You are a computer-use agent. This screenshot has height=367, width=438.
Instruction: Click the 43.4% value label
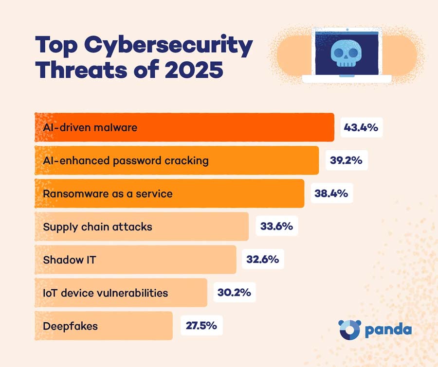tap(361, 127)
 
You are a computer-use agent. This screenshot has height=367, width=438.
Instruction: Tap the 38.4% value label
tap(330, 193)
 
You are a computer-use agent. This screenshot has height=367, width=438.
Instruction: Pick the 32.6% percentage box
tap(262, 259)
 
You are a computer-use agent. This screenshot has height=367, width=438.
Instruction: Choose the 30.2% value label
tap(234, 293)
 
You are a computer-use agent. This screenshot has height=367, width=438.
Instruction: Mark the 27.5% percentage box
tap(201, 325)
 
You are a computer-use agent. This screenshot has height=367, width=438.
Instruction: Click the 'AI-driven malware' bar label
tap(90, 127)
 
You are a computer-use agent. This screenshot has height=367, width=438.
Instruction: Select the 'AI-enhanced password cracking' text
tap(126, 160)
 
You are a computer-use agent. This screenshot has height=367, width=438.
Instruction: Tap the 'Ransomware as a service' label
tap(108, 193)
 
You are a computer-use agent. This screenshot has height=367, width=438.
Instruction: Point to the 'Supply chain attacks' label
tap(97, 226)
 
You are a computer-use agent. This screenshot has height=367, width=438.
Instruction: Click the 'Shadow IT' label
tap(70, 259)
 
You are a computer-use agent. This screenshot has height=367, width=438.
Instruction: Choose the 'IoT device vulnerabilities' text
tap(106, 293)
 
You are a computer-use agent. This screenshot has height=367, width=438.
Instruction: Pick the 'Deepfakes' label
tap(70, 325)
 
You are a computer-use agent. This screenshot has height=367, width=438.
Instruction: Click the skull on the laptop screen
tap(347, 52)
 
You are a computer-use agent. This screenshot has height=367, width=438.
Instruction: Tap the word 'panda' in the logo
tap(388, 330)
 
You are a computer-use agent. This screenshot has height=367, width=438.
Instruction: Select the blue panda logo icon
tap(349, 330)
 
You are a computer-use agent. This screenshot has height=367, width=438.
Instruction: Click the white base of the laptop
tap(347, 78)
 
